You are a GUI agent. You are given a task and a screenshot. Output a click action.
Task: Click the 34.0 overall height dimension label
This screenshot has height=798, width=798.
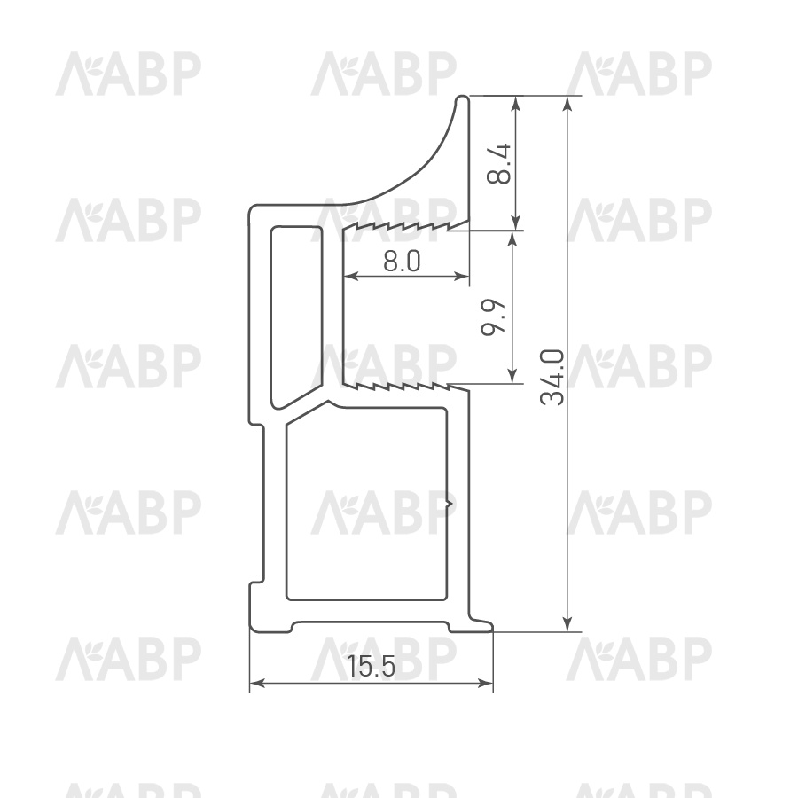[553, 377]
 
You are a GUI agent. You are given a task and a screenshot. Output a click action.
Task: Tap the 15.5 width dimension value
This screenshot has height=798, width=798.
[371, 666]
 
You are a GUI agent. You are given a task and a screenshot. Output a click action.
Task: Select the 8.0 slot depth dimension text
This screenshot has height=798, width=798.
[402, 262]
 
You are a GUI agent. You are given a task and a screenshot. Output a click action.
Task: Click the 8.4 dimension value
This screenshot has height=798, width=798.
[498, 163]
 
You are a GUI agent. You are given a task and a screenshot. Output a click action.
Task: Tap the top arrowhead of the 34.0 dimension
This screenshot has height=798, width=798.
[568, 103]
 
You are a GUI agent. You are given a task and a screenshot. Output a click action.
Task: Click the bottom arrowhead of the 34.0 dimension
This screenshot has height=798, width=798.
[568, 624]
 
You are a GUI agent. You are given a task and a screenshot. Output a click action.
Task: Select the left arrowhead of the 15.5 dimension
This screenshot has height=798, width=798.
[257, 684]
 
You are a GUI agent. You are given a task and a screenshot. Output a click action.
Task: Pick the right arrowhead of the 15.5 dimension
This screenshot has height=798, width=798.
[486, 684]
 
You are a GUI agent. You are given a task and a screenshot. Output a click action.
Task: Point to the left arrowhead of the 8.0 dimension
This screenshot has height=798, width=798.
[351, 277]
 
